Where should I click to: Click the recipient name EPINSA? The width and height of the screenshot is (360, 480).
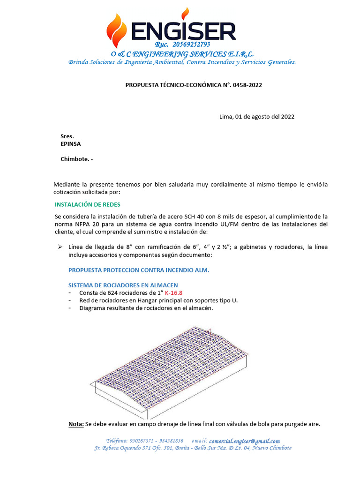[70, 144]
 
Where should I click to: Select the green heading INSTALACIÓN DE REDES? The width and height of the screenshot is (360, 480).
[88, 204]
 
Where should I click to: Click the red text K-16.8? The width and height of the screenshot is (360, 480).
[164, 293]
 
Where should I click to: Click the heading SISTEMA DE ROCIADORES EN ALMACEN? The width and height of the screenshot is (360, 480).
[123, 285]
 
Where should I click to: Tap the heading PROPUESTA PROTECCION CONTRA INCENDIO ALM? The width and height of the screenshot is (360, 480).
[139, 270]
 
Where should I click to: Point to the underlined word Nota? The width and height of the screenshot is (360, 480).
[76, 424]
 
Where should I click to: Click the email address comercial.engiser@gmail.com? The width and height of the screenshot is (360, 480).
[244, 441]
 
